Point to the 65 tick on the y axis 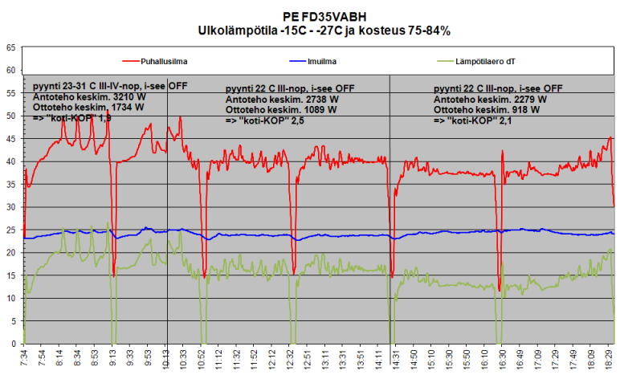point(10,47)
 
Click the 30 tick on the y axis point(10,207)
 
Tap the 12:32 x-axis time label point(295,361)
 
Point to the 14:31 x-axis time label point(394,361)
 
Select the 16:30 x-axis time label point(501,361)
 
